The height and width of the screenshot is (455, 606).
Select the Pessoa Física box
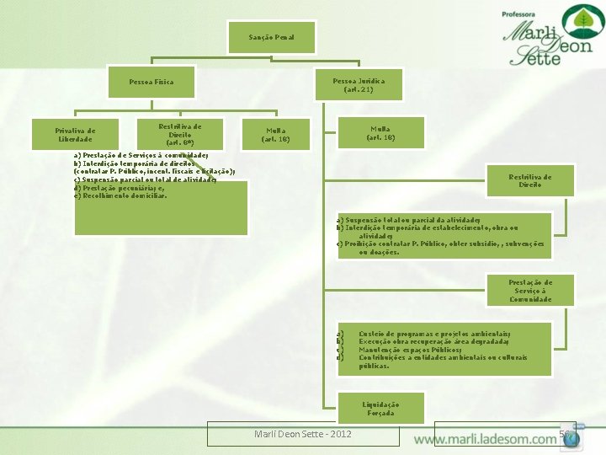[151, 82]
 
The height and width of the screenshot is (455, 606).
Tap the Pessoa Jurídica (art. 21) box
[359, 85]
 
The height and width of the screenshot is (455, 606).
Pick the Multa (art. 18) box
[276, 135]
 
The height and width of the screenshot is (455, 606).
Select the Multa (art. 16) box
[380, 132]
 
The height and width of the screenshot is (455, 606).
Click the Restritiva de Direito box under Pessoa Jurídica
[530, 179]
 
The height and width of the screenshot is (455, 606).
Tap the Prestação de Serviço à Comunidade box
[530, 291]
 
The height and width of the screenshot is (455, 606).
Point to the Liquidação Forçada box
[380, 409]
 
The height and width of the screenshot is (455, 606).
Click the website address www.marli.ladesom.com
[485, 440]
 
